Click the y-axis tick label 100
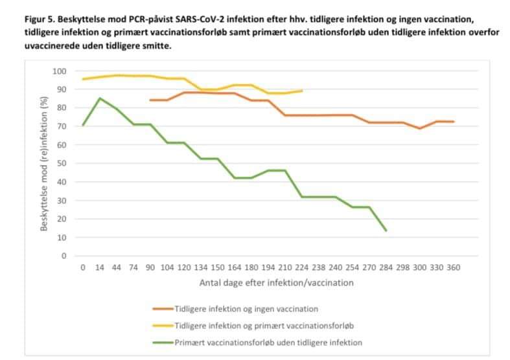pyautogui.click(x=60, y=71)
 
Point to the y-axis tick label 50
pyautogui.click(x=62, y=164)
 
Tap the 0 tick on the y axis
pyautogui.click(x=64, y=256)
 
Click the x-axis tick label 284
pyautogui.click(x=386, y=267)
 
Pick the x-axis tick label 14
pyautogui.click(x=100, y=267)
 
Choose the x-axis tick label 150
pyautogui.click(x=217, y=267)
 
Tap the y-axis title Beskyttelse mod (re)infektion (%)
pyautogui.click(x=45, y=163)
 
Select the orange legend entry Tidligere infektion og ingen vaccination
pyautogui.click(x=246, y=308)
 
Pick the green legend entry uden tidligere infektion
pyautogui.click(x=268, y=342)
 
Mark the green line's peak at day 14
pyautogui.click(x=100, y=98)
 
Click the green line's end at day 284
pyautogui.click(x=386, y=231)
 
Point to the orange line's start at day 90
pyautogui.click(x=150, y=100)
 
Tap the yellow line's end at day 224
pyautogui.click(x=302, y=91)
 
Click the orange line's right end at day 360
pyautogui.click(x=453, y=122)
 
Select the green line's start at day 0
pyautogui.click(x=83, y=126)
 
